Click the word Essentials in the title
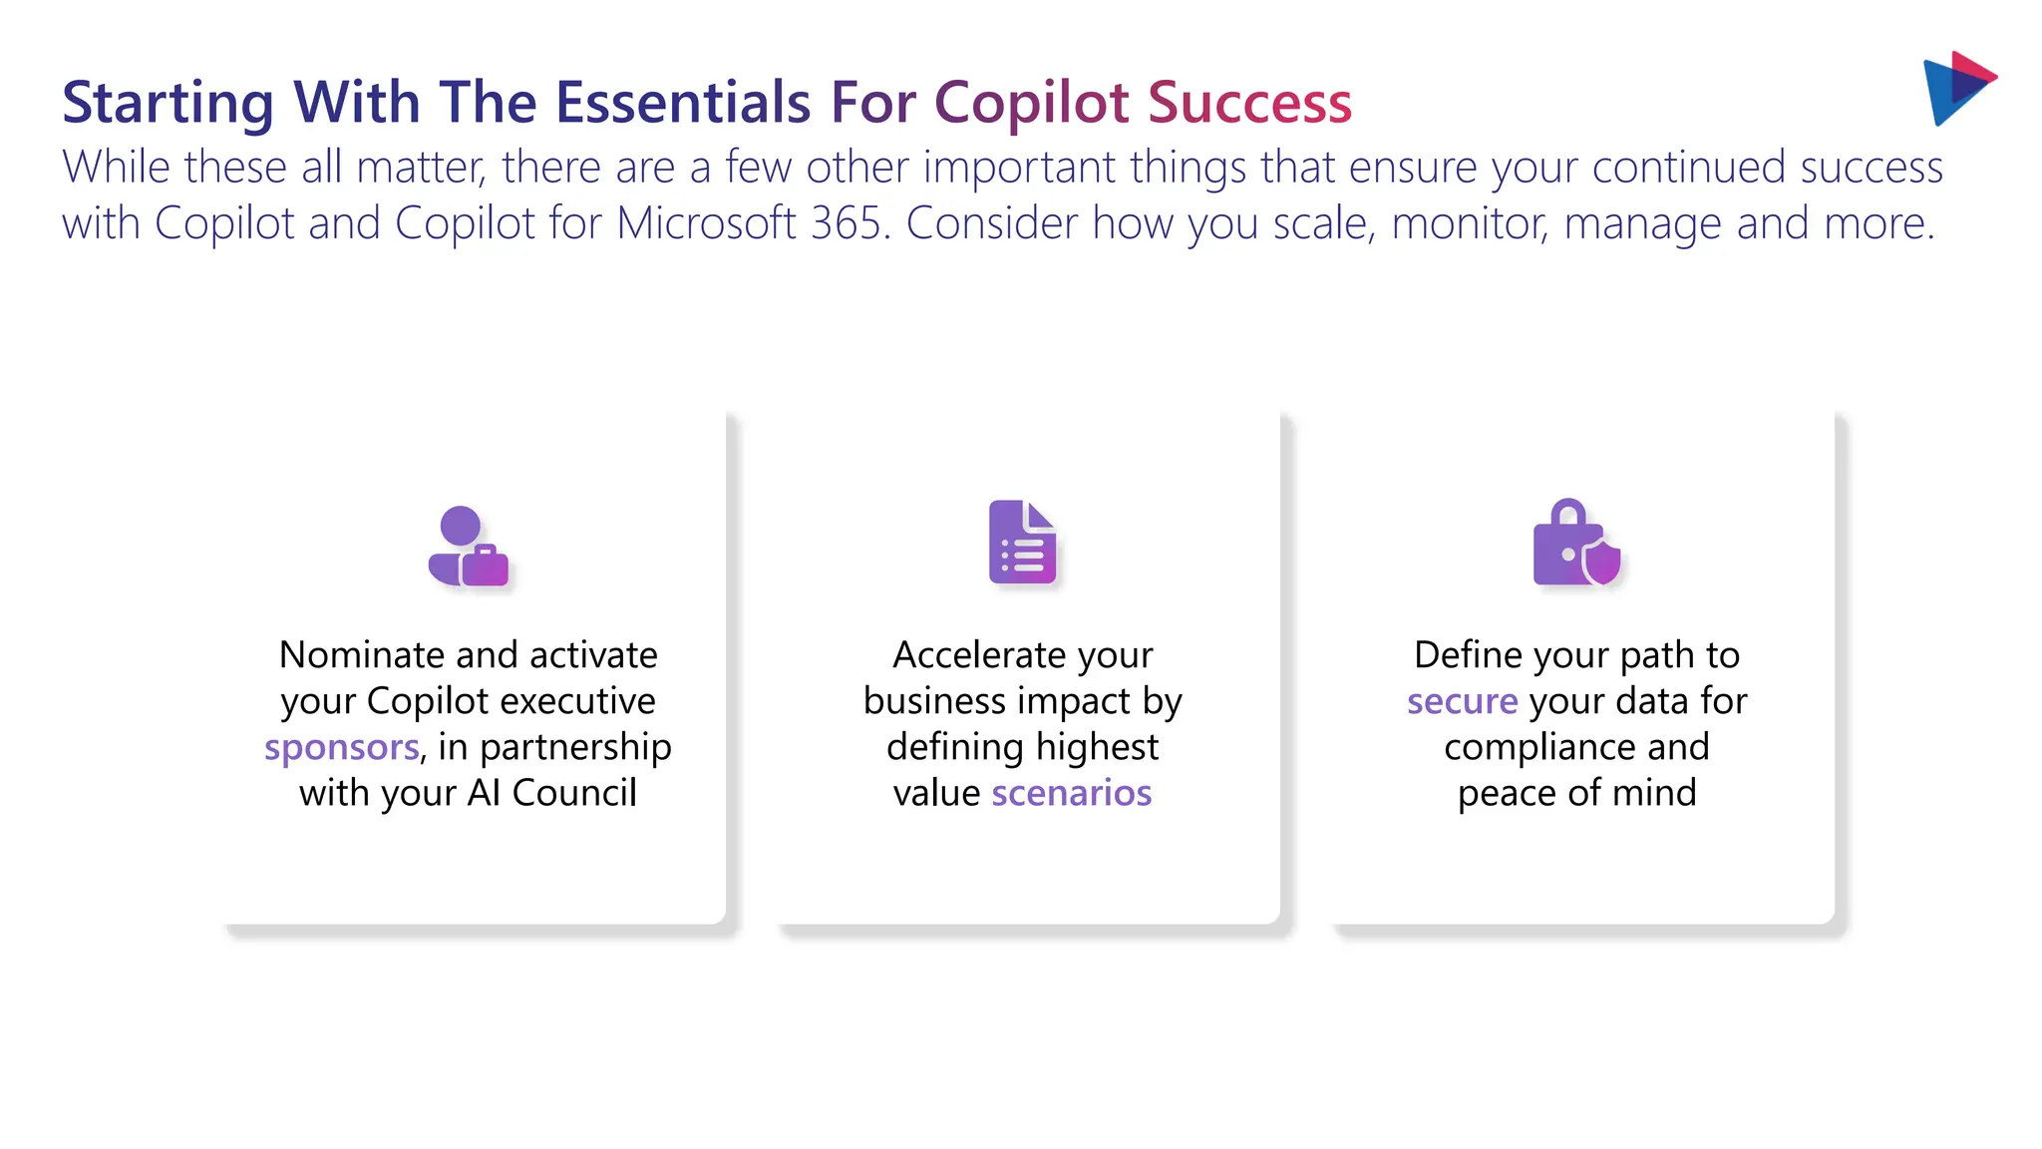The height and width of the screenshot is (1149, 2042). point(682,103)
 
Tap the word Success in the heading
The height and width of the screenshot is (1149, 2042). point(1249,103)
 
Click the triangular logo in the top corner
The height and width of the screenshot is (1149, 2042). point(1956,88)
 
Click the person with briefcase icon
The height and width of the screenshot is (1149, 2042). point(468,547)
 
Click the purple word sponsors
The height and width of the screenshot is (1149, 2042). point(341,747)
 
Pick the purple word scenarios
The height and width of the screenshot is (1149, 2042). point(1071,793)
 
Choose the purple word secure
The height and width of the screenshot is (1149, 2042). point(1462,701)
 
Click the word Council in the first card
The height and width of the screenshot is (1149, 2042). point(573,793)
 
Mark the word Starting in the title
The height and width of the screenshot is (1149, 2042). point(168,103)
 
